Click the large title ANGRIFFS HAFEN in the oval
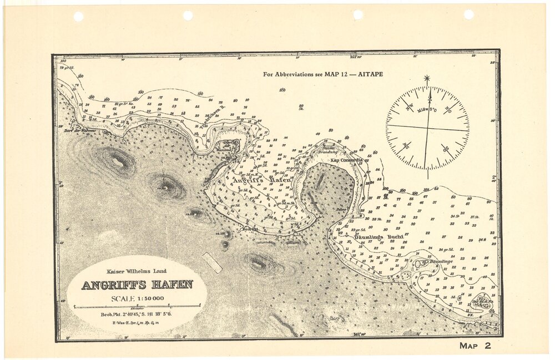(x=137, y=285)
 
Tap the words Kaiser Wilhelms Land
(x=137, y=271)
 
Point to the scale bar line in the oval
(x=137, y=306)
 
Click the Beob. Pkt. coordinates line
(x=136, y=314)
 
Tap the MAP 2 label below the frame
(x=475, y=346)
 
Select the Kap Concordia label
(x=346, y=160)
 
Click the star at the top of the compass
(x=427, y=79)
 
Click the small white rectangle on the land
(x=212, y=262)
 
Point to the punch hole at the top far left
(x=78, y=16)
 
